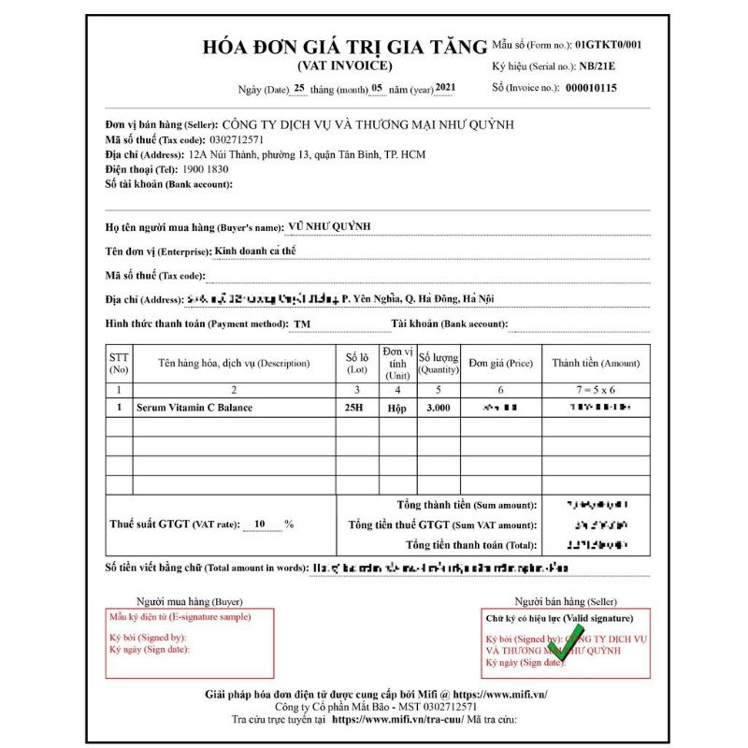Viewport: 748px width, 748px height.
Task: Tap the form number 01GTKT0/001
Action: [609, 44]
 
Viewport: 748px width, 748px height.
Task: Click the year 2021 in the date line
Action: [446, 88]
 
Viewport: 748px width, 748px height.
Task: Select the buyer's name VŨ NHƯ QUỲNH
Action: [330, 226]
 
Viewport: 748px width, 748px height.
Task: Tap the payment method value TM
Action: [302, 324]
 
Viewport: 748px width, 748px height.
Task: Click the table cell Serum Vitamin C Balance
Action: [194, 408]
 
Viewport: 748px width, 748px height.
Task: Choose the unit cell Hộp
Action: [396, 408]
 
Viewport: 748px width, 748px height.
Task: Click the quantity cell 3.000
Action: [438, 408]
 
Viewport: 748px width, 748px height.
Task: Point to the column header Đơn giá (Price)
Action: [500, 363]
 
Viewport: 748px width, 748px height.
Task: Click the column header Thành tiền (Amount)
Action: [596, 363]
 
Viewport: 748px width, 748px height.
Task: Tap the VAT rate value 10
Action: [260, 524]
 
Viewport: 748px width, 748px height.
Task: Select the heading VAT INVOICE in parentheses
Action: [345, 65]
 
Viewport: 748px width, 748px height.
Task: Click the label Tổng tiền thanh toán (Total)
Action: [471, 544]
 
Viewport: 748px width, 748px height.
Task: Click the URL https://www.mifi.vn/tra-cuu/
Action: [398, 720]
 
